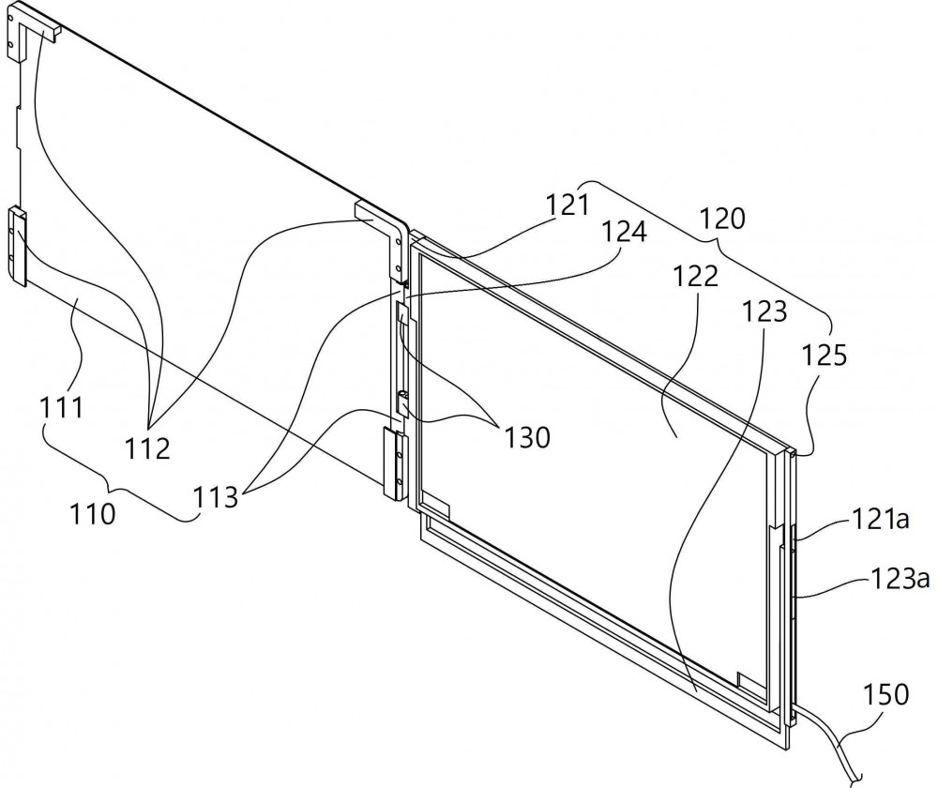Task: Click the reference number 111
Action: tap(62, 408)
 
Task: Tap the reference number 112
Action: tap(148, 447)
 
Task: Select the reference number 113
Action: tap(216, 497)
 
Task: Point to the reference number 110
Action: tap(93, 514)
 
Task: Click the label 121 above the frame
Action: tap(567, 205)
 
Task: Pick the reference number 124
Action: tap(624, 232)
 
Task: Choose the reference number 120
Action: tap(722, 219)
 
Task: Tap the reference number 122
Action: tap(696, 277)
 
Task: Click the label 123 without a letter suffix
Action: tap(764, 311)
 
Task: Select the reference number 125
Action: tap(825, 356)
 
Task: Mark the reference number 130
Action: tap(527, 438)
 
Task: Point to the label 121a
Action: tap(880, 520)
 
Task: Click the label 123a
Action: tap(900, 579)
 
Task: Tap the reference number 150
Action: tap(886, 695)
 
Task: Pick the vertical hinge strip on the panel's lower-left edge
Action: tap(17, 246)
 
